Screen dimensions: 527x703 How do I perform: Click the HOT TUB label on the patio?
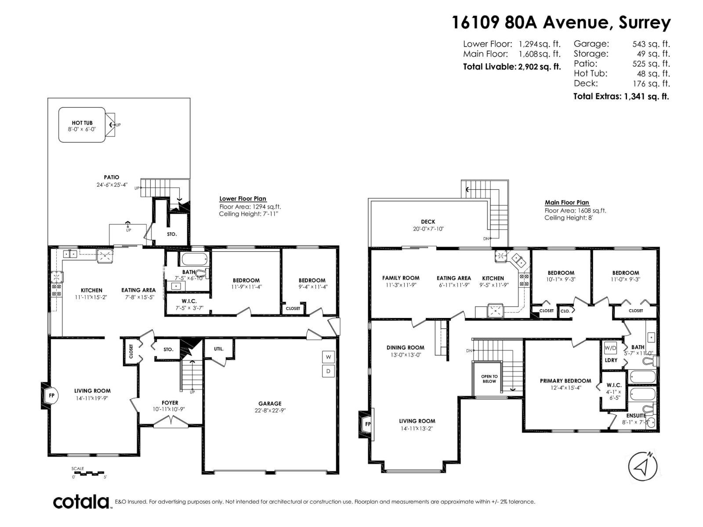82,123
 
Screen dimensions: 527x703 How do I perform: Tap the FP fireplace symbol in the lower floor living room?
51,396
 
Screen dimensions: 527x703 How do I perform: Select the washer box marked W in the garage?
328,357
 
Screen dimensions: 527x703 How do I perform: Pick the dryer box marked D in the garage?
328,371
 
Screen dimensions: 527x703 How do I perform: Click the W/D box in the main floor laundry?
610,348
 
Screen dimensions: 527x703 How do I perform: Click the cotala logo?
82,502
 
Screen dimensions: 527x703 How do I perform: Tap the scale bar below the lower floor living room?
89,473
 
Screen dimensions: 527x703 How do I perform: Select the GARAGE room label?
270,403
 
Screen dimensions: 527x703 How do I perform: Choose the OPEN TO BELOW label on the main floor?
489,379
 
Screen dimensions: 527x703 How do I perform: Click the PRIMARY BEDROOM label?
565,381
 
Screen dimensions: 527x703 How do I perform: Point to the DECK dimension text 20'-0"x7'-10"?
428,229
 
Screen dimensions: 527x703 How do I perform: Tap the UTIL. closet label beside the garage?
218,349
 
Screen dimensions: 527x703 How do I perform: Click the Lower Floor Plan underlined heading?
243,199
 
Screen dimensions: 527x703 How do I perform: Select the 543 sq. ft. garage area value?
651,44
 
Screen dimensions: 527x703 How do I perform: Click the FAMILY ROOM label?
401,278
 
